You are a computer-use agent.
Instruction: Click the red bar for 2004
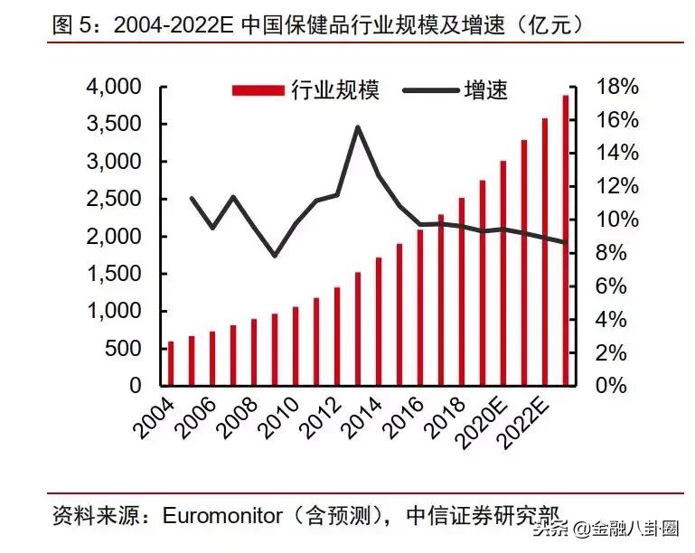coord(171,363)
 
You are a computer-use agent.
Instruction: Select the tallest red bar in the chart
coord(566,240)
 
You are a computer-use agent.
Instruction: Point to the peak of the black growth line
coord(357,127)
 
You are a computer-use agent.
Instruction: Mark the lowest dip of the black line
coord(275,256)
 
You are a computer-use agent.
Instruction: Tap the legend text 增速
coord(485,89)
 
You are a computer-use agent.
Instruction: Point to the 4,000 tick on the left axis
coord(113,87)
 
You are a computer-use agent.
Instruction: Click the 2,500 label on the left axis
coord(113,199)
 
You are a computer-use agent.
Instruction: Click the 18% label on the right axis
coord(617,87)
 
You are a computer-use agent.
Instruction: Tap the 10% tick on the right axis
coord(617,220)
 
